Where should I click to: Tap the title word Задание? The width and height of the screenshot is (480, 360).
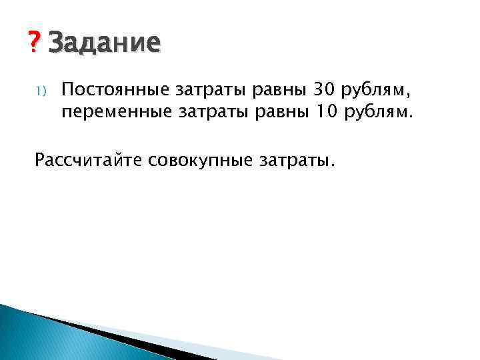pos(105,43)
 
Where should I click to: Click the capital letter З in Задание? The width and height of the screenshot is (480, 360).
pos(57,43)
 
